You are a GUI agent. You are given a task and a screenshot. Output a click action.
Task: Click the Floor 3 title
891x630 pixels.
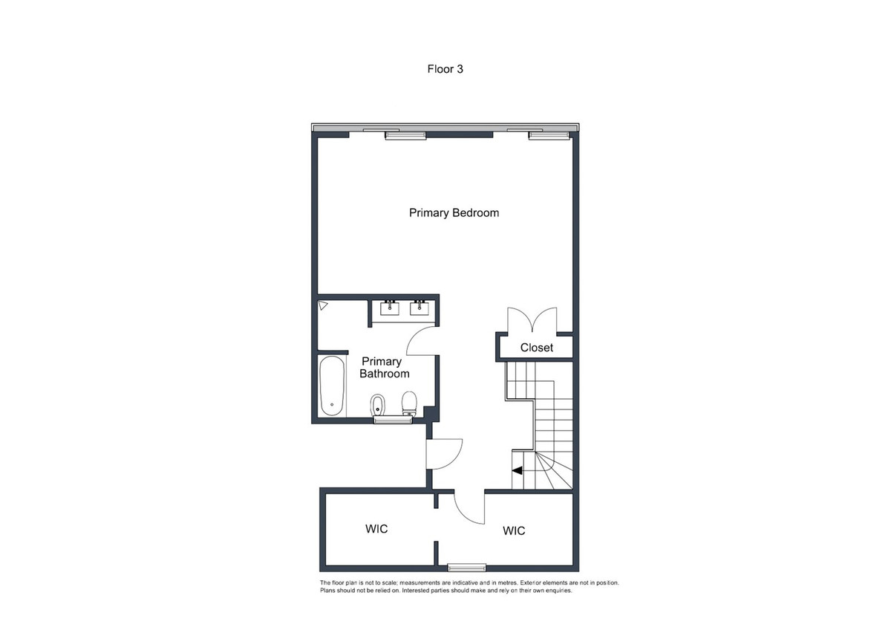point(446,69)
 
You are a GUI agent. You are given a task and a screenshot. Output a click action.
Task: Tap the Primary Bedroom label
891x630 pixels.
point(454,213)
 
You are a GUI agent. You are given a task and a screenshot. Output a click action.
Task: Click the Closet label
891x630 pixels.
point(536,348)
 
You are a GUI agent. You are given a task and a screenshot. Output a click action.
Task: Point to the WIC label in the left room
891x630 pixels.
point(376,529)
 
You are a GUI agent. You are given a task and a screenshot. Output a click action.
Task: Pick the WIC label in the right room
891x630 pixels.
point(514,530)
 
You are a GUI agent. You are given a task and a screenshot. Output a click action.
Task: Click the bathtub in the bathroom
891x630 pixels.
point(332,386)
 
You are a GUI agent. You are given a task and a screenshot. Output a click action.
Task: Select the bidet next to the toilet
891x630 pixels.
point(376,405)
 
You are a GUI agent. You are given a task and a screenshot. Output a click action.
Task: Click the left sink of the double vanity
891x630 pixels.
point(389,308)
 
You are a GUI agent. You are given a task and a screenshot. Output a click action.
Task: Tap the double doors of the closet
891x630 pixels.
point(531,321)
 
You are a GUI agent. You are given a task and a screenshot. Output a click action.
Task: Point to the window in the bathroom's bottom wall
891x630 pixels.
point(392,420)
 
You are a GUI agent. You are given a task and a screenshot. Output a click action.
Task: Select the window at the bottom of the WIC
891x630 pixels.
point(466,568)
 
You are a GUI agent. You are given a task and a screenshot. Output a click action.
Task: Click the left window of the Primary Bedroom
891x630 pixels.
point(405,135)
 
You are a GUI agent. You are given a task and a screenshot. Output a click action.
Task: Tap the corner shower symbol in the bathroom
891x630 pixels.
point(323,305)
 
